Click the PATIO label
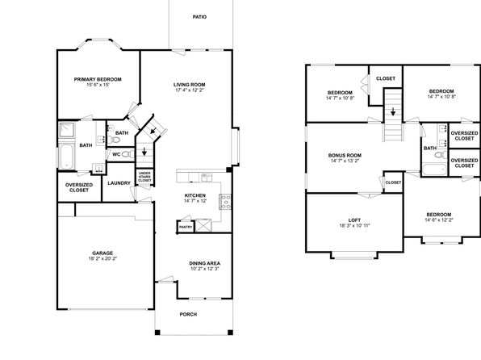[199, 17]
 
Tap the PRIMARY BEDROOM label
[98, 79]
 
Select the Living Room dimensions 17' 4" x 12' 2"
[190, 90]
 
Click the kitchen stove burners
[225, 202]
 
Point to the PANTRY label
[186, 227]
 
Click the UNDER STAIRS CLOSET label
[144, 177]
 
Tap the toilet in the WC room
[128, 154]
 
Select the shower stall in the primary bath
[66, 130]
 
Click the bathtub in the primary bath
[66, 157]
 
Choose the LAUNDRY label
[119, 183]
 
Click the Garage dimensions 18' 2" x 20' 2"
[102, 258]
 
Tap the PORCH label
[188, 314]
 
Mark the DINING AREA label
[204, 263]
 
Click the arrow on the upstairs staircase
[393, 111]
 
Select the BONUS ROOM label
[345, 155]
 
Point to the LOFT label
[354, 220]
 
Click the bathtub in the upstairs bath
[434, 170]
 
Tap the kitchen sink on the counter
[206, 178]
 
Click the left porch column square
[157, 333]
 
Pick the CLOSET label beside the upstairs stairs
[386, 78]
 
